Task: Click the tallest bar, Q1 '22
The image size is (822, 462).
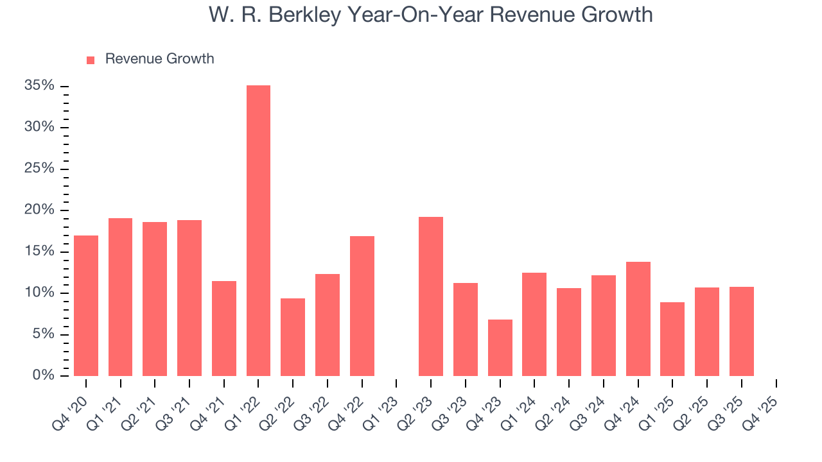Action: tap(258, 231)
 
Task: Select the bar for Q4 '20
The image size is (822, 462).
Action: tap(86, 305)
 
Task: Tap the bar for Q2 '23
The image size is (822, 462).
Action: tap(431, 296)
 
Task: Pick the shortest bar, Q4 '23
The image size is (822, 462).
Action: tap(500, 348)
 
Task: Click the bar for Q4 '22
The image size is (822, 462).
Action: tap(362, 306)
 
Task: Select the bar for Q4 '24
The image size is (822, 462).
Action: tap(638, 319)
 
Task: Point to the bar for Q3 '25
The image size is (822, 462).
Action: tap(741, 331)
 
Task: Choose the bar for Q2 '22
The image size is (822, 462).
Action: tap(293, 337)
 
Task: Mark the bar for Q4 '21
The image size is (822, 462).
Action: tap(224, 329)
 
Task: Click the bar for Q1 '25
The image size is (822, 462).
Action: tap(672, 339)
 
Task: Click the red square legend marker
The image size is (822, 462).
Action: tap(91, 60)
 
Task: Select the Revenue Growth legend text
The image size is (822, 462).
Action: tap(159, 59)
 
